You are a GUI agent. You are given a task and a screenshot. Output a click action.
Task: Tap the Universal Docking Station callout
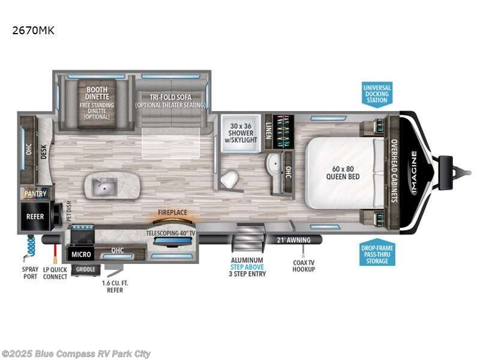377,94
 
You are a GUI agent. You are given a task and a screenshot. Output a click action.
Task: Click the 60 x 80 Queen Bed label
342,173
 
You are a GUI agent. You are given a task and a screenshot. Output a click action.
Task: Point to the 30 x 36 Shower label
239,131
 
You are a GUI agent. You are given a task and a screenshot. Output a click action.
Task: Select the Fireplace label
172,212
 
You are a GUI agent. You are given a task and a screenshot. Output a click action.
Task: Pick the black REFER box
35,216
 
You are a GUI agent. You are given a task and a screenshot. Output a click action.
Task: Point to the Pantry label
35,194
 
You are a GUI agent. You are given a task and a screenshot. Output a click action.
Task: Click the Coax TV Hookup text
303,265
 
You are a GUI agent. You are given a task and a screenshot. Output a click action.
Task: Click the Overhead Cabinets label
394,171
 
